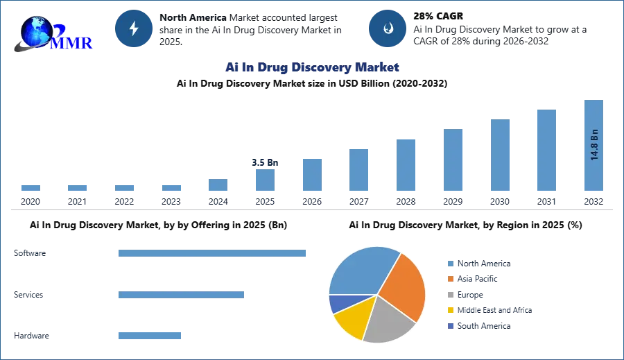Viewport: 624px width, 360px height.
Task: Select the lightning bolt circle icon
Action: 134,28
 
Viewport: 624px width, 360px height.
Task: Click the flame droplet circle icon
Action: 388,28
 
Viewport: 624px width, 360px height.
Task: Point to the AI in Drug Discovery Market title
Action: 311,67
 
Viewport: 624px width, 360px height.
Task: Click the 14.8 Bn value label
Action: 594,144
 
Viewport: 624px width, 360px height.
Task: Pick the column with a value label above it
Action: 266,180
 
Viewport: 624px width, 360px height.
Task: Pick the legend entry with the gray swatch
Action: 476,295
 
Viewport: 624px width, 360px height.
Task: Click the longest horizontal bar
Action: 213,255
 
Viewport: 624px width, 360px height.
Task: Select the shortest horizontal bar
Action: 149,336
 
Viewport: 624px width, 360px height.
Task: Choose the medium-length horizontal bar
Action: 180,294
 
